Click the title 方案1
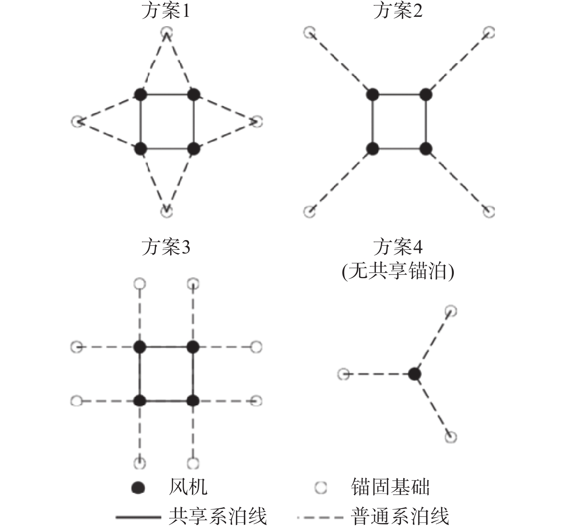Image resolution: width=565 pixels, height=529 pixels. (x=165, y=11)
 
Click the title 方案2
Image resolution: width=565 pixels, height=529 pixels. (x=398, y=11)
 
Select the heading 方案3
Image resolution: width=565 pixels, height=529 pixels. (x=165, y=247)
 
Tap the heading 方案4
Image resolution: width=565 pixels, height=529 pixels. (x=398, y=247)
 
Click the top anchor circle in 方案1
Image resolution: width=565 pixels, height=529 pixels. (x=166, y=33)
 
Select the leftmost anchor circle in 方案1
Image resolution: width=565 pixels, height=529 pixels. (x=77, y=121)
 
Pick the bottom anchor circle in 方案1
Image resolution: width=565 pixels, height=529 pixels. (x=166, y=211)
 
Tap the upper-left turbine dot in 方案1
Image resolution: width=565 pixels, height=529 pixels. (x=140, y=95)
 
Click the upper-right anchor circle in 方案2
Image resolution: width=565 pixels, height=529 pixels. (x=489, y=33)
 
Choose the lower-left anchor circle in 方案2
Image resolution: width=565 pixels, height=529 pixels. (x=309, y=211)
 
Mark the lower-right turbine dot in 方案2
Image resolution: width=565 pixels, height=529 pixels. (x=426, y=148)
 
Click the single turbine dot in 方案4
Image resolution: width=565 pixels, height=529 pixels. (x=415, y=374)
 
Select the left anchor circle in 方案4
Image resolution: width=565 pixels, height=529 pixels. (x=343, y=374)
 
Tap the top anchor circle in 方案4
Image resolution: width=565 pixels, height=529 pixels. (x=451, y=311)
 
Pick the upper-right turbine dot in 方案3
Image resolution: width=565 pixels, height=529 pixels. (x=193, y=347)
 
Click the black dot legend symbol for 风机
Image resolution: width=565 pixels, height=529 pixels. (x=138, y=487)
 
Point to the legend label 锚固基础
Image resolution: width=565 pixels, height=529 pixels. (x=390, y=487)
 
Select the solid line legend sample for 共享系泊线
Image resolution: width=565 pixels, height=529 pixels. (x=138, y=517)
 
